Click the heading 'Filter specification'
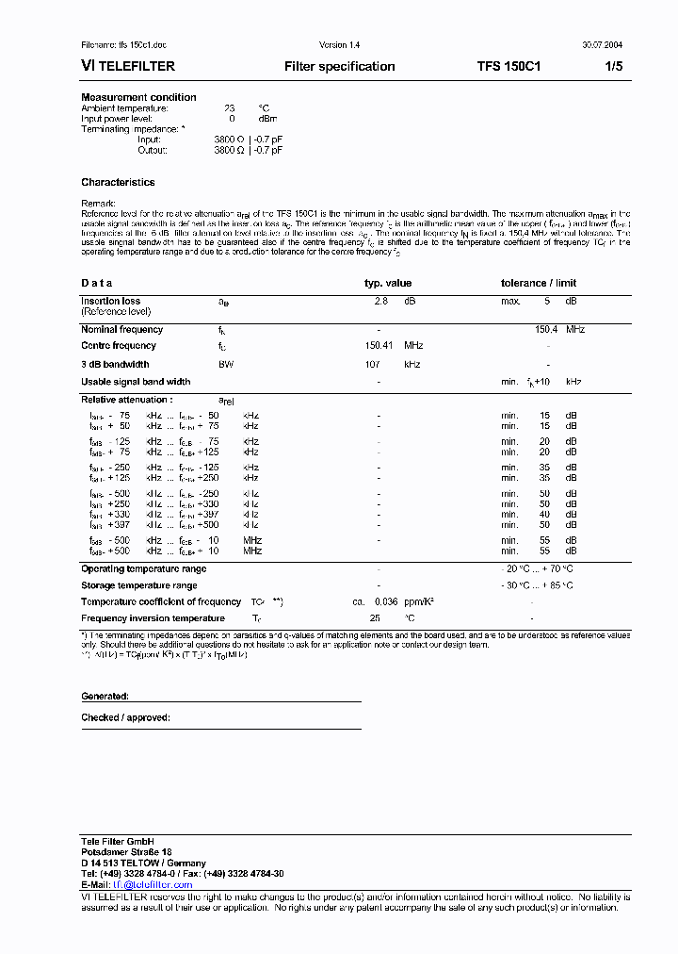click(339, 66)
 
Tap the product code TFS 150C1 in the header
click(508, 66)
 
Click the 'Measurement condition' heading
click(138, 97)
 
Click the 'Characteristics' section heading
click(118, 182)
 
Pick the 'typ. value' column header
click(388, 283)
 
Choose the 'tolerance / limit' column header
click(539, 283)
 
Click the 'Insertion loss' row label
click(110, 301)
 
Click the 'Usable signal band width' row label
click(136, 382)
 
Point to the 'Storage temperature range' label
click(138, 585)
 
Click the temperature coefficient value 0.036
click(386, 601)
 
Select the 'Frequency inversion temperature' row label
click(153, 618)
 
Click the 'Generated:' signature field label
click(105, 696)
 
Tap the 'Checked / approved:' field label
click(125, 717)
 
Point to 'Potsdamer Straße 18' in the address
click(126, 851)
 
